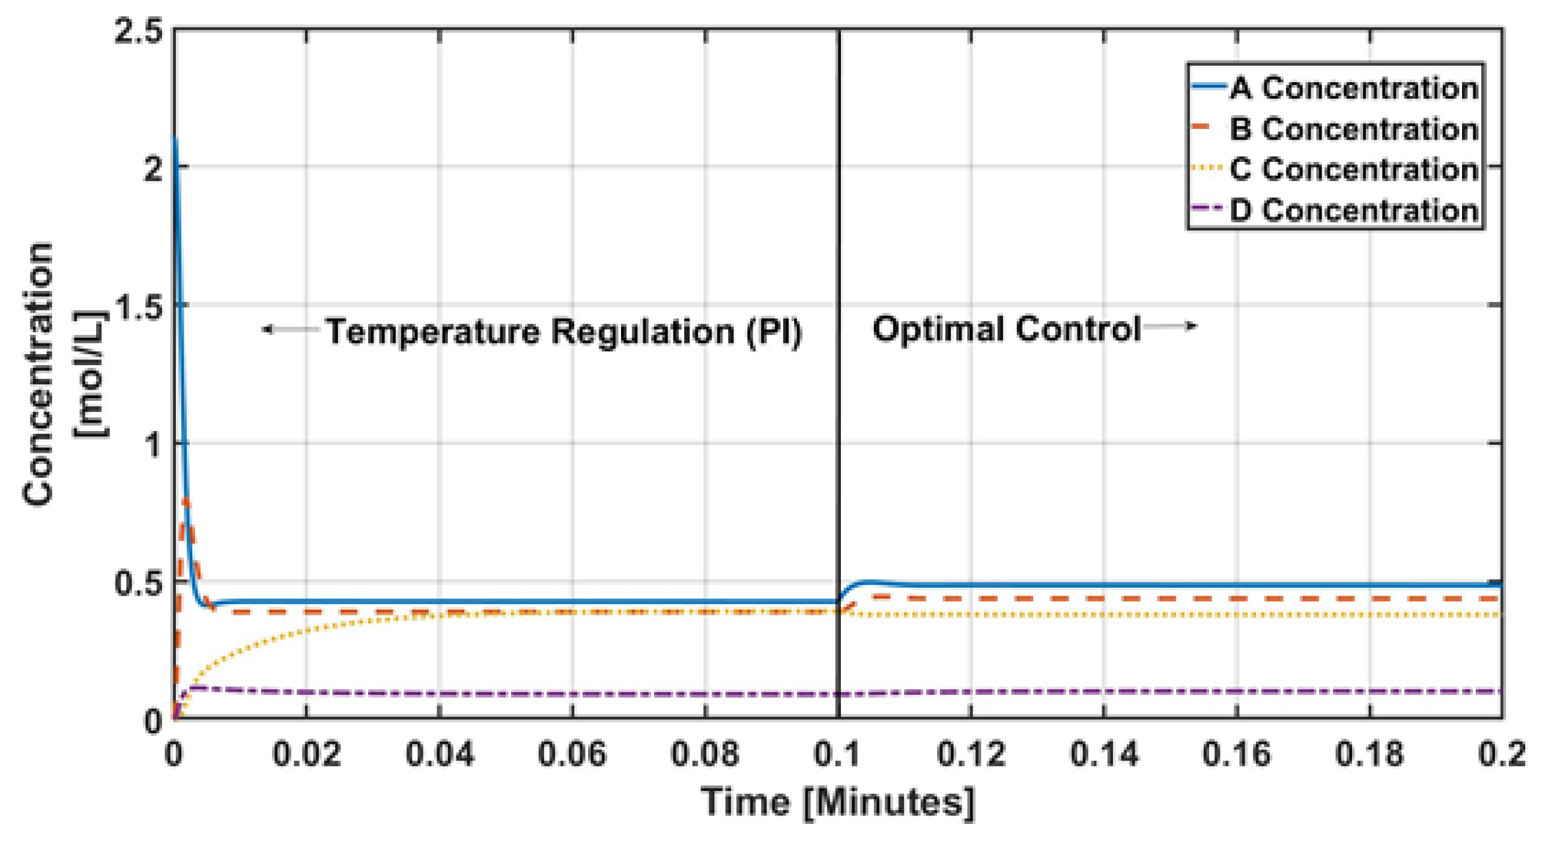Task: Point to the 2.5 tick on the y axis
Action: point(138,32)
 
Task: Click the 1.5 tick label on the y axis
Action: point(138,306)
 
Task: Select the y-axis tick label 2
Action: point(153,168)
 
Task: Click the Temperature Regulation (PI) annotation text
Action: point(564,331)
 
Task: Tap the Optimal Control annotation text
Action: point(1006,328)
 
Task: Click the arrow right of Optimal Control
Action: point(1170,326)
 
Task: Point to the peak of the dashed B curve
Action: point(186,501)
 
